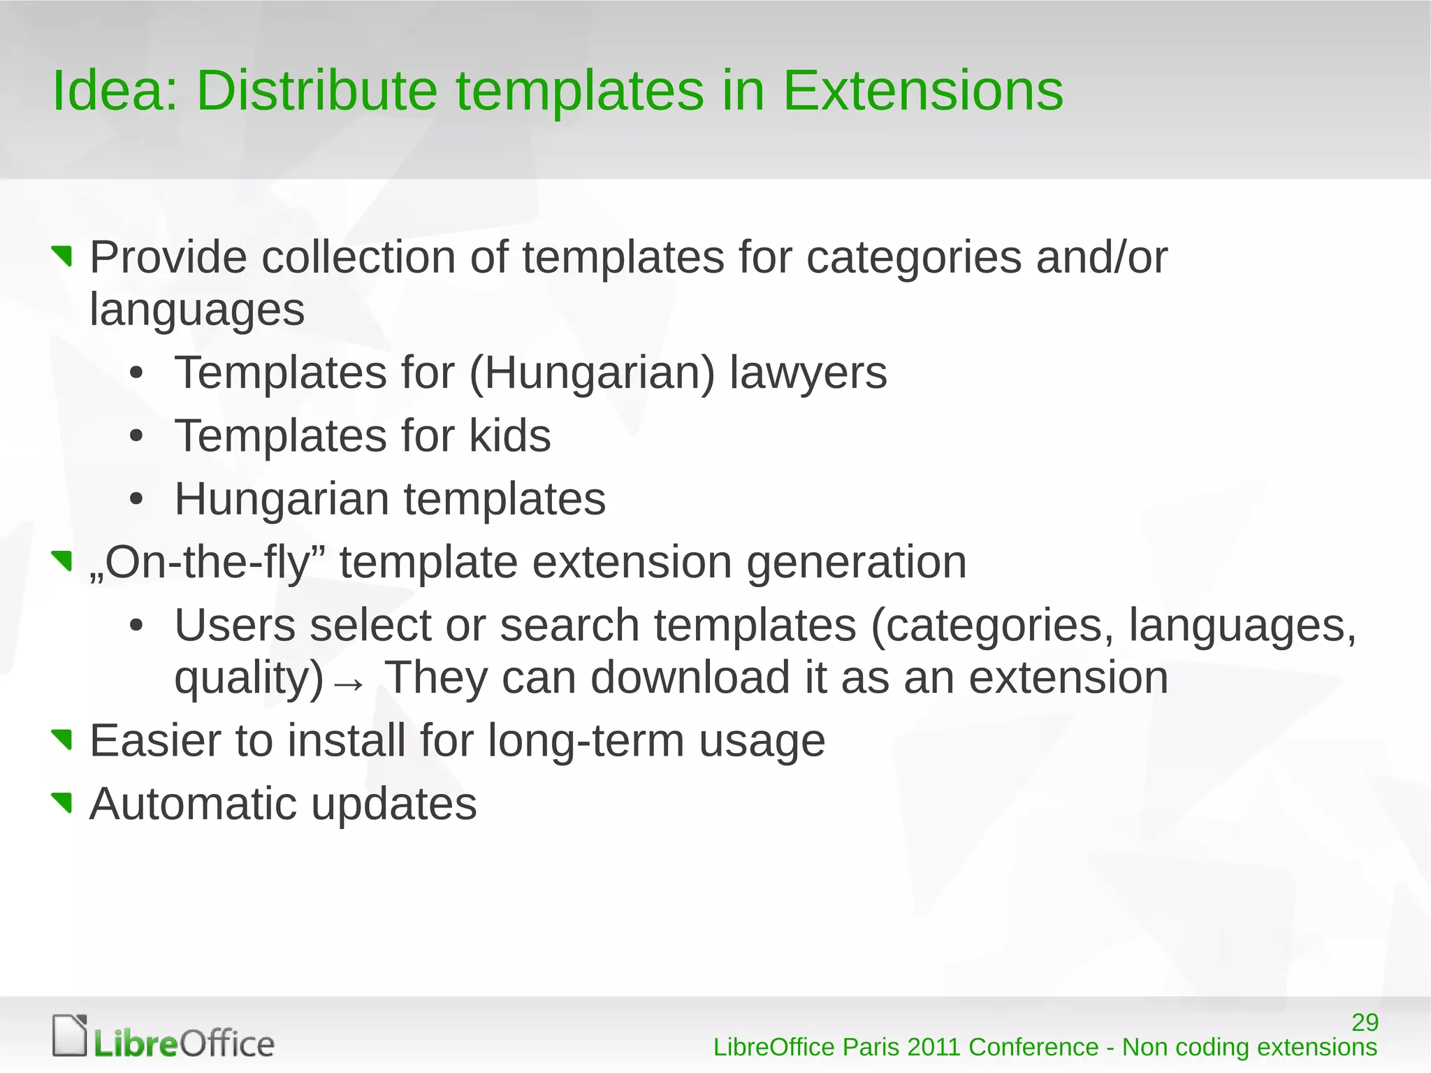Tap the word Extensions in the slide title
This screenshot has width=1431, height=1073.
point(922,91)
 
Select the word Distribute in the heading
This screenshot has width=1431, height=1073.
point(317,91)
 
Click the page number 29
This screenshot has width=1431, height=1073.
point(1365,1022)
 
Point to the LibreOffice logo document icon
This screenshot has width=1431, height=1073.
point(70,1035)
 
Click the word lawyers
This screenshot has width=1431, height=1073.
point(808,373)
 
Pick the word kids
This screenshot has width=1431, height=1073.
point(509,436)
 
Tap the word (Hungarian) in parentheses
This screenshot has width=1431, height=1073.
point(592,373)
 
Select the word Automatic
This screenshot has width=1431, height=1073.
point(193,804)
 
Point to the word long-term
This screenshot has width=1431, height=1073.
point(586,741)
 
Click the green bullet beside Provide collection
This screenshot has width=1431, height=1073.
point(63,256)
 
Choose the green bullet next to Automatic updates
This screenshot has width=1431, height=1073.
point(63,802)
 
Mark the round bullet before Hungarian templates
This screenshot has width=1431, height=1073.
point(136,499)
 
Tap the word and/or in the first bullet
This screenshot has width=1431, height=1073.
point(1101,257)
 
